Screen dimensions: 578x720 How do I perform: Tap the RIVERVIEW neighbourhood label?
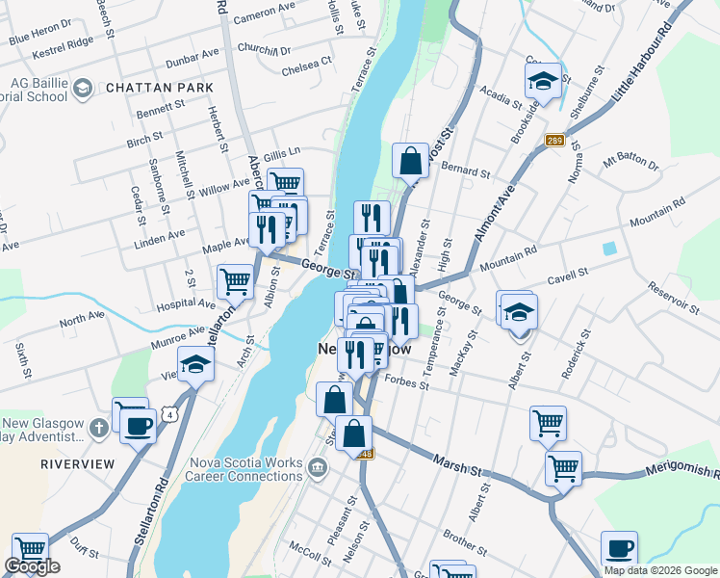tap(71, 463)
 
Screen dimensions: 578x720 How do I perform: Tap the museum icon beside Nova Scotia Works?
tap(318, 468)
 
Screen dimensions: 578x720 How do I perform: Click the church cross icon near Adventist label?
tap(98, 427)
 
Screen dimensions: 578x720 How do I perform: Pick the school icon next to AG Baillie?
tap(82, 90)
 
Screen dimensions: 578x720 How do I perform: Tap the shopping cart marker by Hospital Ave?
tap(235, 281)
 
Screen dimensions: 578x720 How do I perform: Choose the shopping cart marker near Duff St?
tap(30, 549)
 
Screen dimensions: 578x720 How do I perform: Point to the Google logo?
tap(32, 566)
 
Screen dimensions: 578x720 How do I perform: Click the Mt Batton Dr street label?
tap(630, 160)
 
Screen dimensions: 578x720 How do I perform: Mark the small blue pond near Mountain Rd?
tap(609, 248)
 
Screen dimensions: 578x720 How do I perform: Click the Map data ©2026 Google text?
tap(660, 570)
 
